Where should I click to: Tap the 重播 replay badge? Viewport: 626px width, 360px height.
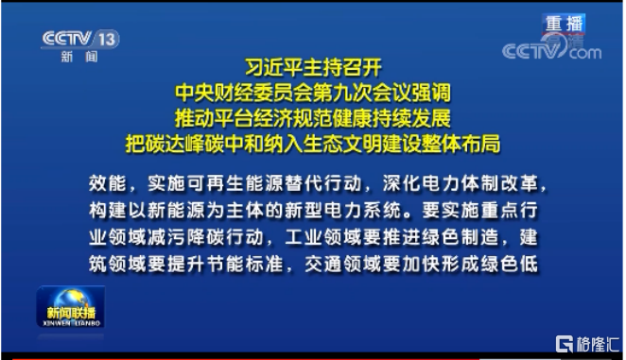[564, 24]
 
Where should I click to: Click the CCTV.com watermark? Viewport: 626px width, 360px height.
[551, 49]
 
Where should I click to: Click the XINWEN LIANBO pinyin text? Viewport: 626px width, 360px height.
[71, 323]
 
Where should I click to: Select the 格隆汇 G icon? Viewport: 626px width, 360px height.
[565, 344]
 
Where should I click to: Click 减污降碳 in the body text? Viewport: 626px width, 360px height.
[186, 237]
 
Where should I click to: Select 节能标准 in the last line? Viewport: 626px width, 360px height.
[245, 265]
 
